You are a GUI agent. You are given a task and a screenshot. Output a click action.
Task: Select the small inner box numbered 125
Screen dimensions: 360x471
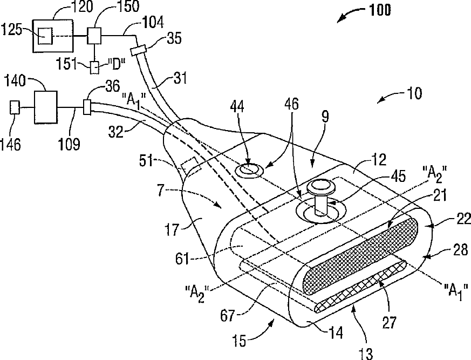point(44,36)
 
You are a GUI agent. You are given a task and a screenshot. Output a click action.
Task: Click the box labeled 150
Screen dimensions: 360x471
point(97,36)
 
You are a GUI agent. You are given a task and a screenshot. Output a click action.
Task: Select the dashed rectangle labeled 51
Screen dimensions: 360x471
point(190,168)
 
